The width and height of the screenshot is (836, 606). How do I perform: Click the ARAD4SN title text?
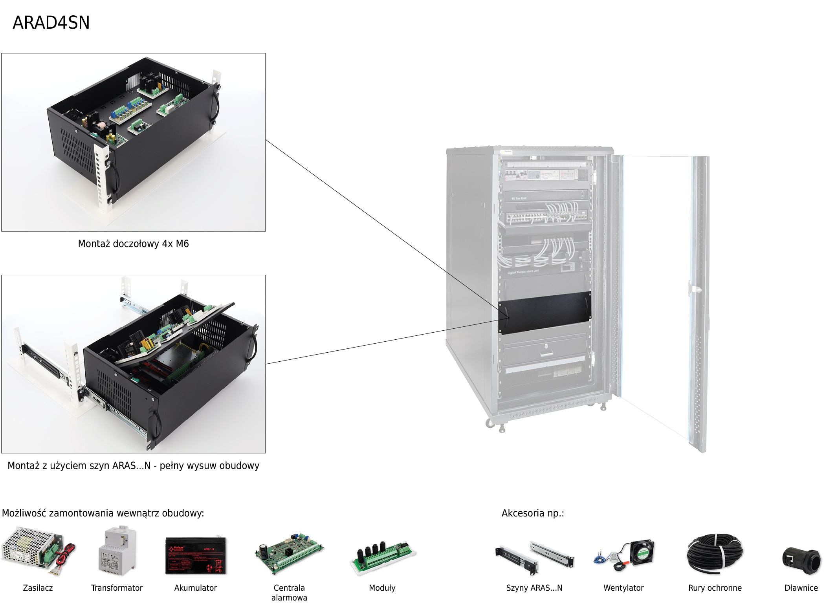pyautogui.click(x=51, y=23)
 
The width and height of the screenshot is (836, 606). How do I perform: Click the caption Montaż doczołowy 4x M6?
pyautogui.click(x=133, y=244)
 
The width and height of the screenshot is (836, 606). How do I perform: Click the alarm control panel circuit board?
pyautogui.click(x=289, y=554)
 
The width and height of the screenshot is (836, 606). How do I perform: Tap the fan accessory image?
pyautogui.click(x=624, y=556)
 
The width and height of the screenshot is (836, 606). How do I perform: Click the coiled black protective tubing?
pyautogui.click(x=715, y=554)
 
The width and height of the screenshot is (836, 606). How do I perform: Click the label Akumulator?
pyautogui.click(x=195, y=588)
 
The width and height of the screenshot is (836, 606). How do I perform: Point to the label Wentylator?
pyautogui.click(x=623, y=588)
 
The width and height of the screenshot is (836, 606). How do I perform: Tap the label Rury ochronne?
pyautogui.click(x=715, y=588)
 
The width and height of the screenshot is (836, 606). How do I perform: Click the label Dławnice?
pyautogui.click(x=801, y=588)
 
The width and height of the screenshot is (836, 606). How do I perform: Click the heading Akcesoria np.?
pyautogui.click(x=532, y=513)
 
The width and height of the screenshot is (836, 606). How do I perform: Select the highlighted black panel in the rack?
pyautogui.click(x=544, y=313)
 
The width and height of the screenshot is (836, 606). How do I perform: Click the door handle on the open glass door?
pyautogui.click(x=696, y=289)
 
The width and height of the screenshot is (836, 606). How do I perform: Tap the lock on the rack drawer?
pyautogui.click(x=546, y=346)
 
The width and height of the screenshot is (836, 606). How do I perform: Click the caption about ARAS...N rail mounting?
pyautogui.click(x=133, y=466)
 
